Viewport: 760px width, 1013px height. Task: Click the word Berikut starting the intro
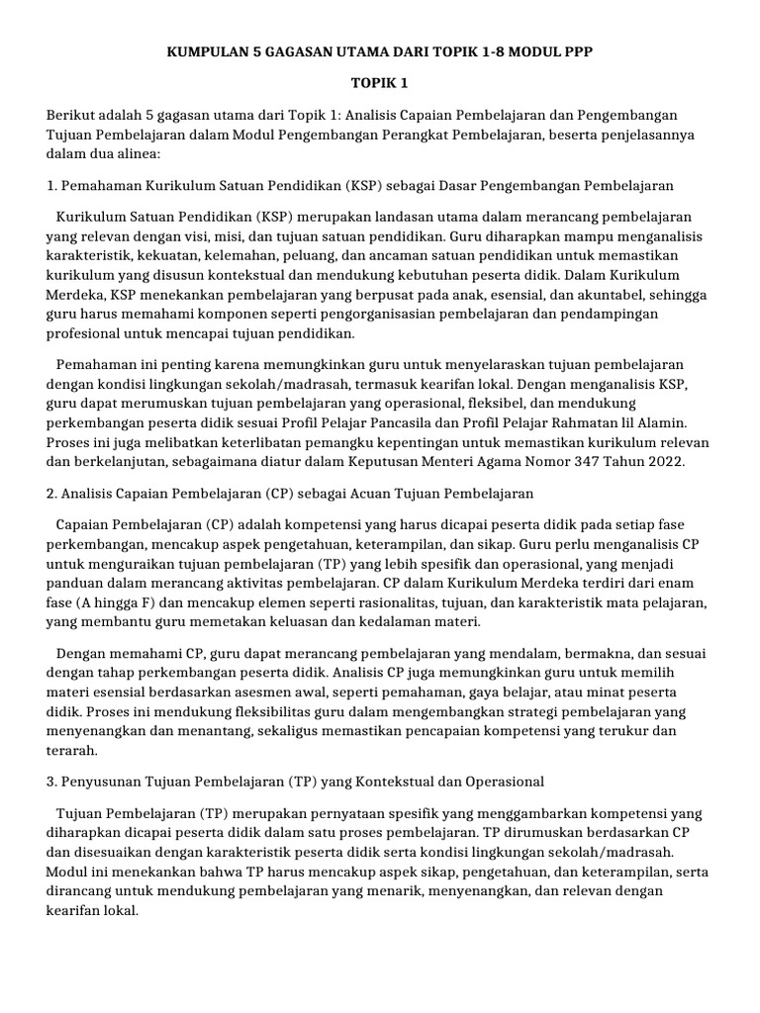point(72,117)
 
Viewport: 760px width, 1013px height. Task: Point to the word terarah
point(71,750)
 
